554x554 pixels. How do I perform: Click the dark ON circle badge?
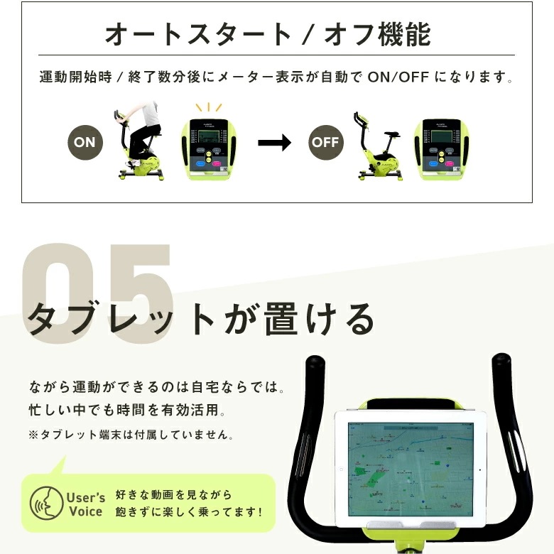85,142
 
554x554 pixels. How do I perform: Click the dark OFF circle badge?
325,142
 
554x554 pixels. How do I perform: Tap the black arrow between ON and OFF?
274,142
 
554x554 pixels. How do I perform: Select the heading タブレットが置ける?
201,320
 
